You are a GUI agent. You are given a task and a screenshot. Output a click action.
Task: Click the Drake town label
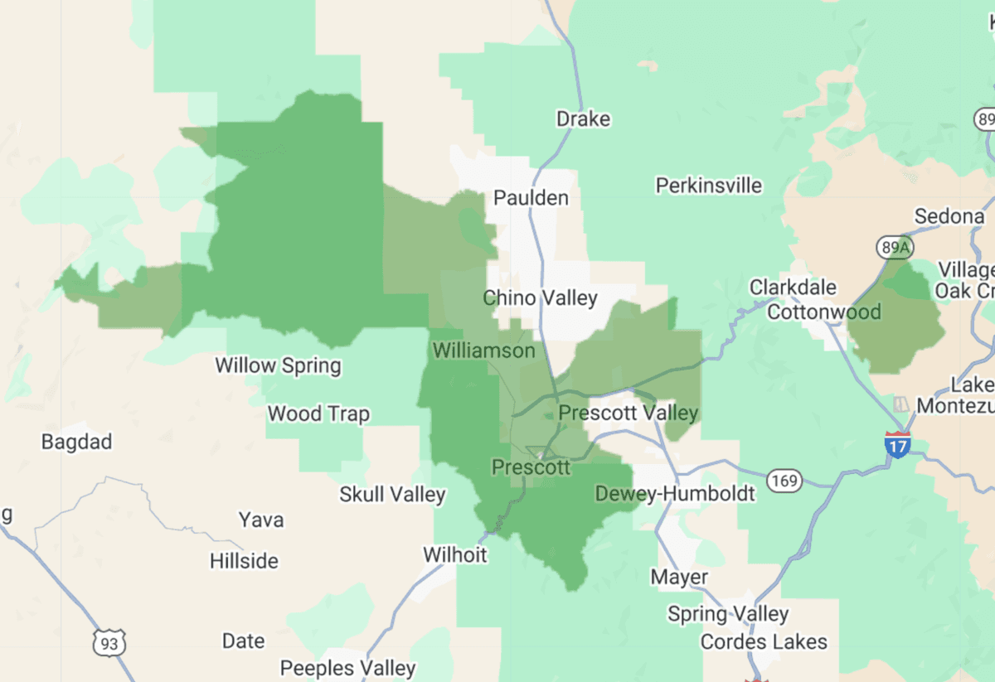(583, 119)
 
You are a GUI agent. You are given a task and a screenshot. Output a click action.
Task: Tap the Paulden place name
(531, 198)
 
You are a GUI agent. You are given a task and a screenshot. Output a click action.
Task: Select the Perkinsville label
(709, 186)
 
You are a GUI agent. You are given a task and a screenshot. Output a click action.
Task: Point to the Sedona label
(949, 217)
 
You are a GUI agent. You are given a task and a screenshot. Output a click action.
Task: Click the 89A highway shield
(890, 247)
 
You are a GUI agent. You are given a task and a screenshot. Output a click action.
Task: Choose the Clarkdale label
(794, 288)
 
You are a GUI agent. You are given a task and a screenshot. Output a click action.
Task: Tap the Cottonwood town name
(823, 312)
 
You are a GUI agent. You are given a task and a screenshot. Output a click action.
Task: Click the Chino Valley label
(540, 297)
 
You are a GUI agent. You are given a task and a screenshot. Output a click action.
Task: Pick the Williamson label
(484, 351)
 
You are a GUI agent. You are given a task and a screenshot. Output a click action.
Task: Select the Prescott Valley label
(629, 413)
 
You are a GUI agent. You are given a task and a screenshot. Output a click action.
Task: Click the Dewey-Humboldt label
(675, 495)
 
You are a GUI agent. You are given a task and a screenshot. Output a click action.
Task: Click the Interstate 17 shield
(897, 443)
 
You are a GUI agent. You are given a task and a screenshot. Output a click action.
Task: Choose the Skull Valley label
(392, 496)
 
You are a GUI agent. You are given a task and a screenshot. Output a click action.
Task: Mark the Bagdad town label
(76, 442)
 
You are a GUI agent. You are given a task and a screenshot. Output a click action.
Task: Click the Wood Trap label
(318, 414)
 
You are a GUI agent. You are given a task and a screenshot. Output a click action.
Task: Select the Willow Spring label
(278, 365)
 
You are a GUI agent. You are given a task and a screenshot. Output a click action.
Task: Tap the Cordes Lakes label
(764, 642)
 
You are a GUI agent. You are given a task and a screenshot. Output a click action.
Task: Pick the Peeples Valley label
(347, 668)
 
